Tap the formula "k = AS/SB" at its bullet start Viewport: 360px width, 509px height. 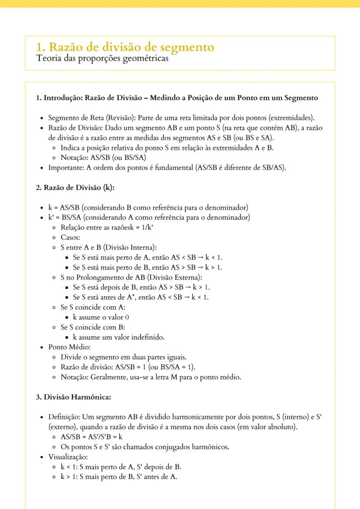pyautogui.click(x=65, y=207)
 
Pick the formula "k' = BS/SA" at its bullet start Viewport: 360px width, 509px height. pyautogui.click(x=66, y=217)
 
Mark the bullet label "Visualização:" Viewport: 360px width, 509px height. pyautogui.click(x=69, y=457)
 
